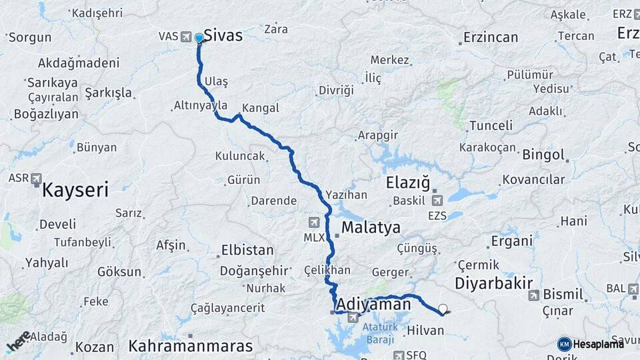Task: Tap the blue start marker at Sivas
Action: pyautogui.click(x=199, y=38)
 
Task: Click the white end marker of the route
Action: pyautogui.click(x=442, y=309)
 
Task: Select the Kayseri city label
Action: pyautogui.click(x=75, y=190)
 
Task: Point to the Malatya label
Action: pyautogui.click(x=371, y=227)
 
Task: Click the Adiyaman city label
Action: pyautogui.click(x=373, y=304)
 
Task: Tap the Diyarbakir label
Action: pyautogui.click(x=493, y=283)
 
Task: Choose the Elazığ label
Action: pyautogui.click(x=408, y=182)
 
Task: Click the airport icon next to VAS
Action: pyautogui.click(x=185, y=37)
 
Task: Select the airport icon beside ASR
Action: pyautogui.click(x=36, y=179)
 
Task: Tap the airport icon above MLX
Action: pyautogui.click(x=314, y=222)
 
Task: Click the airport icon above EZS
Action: pyautogui.click(x=437, y=200)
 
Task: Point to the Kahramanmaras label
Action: pyautogui.click(x=191, y=346)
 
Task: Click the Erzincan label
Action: pyautogui.click(x=490, y=37)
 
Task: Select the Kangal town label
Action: pyautogui.click(x=261, y=108)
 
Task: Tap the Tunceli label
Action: pyautogui.click(x=491, y=125)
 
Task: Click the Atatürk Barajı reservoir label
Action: pyautogui.click(x=381, y=333)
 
